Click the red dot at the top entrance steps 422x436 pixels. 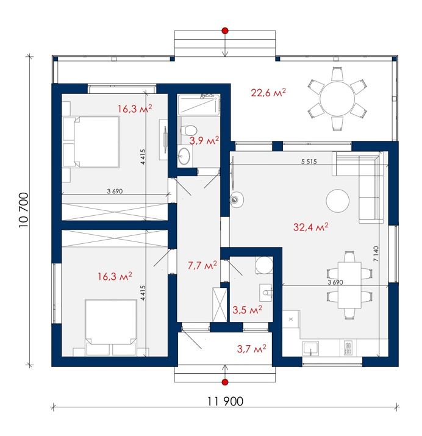(225, 30)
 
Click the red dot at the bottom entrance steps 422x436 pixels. (225, 382)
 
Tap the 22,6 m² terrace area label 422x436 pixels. (268, 92)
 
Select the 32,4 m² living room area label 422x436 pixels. (310, 227)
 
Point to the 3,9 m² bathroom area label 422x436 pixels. (204, 140)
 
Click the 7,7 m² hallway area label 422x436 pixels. (202, 265)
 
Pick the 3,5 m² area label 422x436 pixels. (247, 310)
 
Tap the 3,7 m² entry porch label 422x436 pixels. (252, 348)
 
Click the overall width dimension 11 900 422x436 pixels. (225, 401)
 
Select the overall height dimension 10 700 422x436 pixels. (24, 210)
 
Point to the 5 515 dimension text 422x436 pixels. (309, 161)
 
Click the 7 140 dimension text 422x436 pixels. (376, 254)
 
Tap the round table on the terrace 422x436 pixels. (337, 98)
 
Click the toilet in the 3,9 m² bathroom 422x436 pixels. (188, 130)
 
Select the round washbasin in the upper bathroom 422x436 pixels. (184, 155)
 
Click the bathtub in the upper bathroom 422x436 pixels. (199, 104)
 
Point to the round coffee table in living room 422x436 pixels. (337, 201)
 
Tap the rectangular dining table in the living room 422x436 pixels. (349, 285)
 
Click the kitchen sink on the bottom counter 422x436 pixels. (311, 349)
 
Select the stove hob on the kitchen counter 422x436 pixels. (348, 348)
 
